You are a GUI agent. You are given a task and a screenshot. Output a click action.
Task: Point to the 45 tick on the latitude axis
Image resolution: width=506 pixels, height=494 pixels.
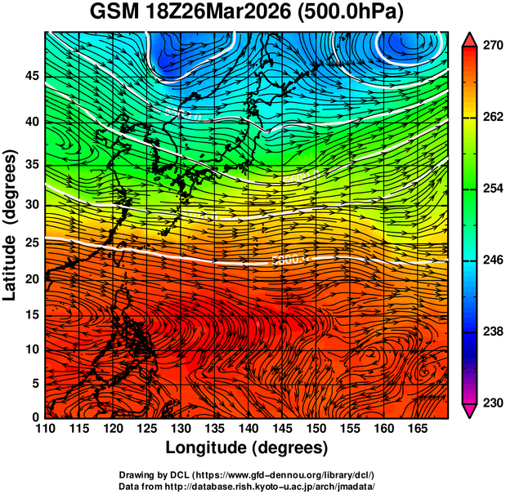coord(31,76)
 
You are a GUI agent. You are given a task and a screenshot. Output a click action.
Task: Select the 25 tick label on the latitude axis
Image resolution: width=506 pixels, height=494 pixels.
coord(31,243)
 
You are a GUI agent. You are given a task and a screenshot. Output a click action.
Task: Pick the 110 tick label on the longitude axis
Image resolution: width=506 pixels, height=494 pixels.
coord(45,429)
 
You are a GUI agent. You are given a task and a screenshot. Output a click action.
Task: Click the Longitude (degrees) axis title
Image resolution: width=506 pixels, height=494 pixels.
coord(247,448)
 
